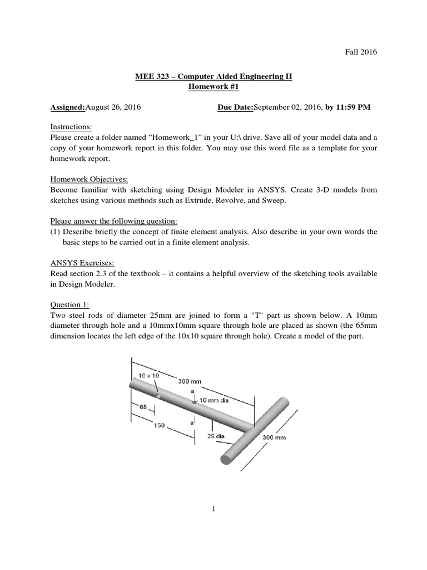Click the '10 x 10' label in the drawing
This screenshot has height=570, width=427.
[148, 376]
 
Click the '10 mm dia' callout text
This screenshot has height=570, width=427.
[214, 400]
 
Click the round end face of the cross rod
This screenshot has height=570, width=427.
[226, 459]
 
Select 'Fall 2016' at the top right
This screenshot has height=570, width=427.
[362, 52]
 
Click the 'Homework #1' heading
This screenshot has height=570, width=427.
[213, 87]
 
